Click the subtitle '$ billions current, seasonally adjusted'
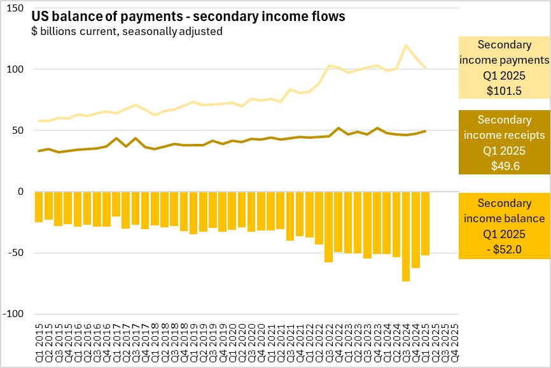127,31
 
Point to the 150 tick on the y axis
15,9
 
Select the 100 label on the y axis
15,69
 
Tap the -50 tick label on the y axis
15,253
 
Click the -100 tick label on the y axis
13,314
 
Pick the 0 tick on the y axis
20,192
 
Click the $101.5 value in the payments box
505,90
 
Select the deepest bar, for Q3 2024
406,236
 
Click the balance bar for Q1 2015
39,207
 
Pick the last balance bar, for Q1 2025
425,223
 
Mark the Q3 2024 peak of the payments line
406,45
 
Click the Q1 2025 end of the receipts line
425,131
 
